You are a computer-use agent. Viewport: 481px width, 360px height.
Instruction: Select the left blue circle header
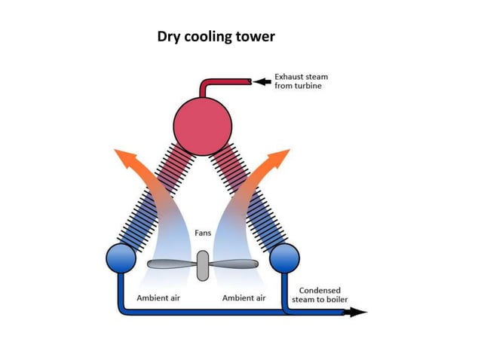121,258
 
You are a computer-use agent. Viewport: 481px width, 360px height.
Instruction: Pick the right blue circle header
285,258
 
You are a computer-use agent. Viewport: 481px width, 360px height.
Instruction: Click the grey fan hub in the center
202,264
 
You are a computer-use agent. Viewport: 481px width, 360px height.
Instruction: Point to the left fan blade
171,264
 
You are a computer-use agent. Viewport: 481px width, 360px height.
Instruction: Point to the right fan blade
233,264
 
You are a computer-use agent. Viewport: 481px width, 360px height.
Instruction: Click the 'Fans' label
204,233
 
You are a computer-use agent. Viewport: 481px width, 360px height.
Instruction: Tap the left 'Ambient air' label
158,298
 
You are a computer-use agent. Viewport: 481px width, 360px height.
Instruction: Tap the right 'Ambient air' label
244,298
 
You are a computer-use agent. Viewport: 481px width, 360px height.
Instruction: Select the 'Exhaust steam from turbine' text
301,81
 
